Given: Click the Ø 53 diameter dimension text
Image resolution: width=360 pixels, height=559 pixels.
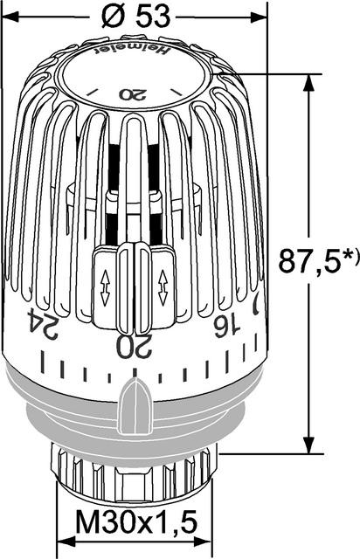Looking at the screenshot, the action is (136, 17).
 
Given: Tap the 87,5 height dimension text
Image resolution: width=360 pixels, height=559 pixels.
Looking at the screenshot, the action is (308, 261).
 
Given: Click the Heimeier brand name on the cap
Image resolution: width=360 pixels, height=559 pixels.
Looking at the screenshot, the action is (131, 51).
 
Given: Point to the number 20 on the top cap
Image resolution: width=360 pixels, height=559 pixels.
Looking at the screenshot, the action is (133, 94).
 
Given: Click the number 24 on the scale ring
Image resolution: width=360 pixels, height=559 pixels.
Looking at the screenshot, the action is (43, 324).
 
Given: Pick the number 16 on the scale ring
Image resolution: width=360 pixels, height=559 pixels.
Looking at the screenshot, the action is (226, 326).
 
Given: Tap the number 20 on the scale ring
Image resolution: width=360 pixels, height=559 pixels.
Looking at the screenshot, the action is (135, 346).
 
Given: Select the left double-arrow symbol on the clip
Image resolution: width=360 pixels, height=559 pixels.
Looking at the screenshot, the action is (105, 287).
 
